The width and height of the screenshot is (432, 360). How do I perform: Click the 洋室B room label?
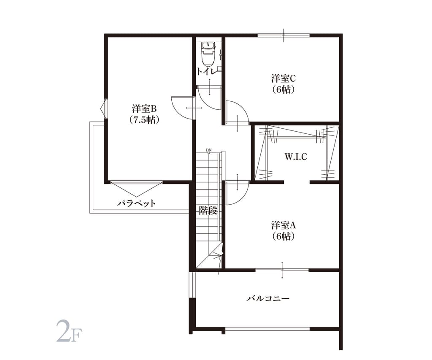pos(144,108)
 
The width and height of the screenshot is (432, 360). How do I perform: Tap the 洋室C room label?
pos(283,78)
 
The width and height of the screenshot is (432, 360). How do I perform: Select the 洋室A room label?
pos(283,225)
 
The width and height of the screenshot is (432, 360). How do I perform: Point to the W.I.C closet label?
pos(296,157)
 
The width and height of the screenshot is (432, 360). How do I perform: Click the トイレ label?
pos(207,71)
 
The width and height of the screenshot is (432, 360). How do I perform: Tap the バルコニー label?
pos(268,298)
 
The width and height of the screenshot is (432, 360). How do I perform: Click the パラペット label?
pos(136,203)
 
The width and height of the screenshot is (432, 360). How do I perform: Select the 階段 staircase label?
pos(208,211)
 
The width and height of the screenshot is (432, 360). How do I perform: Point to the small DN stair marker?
pos(209,150)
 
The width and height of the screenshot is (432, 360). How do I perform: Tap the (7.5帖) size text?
pos(144,119)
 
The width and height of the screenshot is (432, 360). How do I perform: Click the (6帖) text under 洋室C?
pos(283,89)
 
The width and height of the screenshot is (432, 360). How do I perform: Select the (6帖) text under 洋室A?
pos(283,236)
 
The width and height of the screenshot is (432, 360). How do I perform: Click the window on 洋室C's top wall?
pos(283,35)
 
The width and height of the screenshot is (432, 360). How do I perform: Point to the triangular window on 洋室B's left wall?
pos(104,108)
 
